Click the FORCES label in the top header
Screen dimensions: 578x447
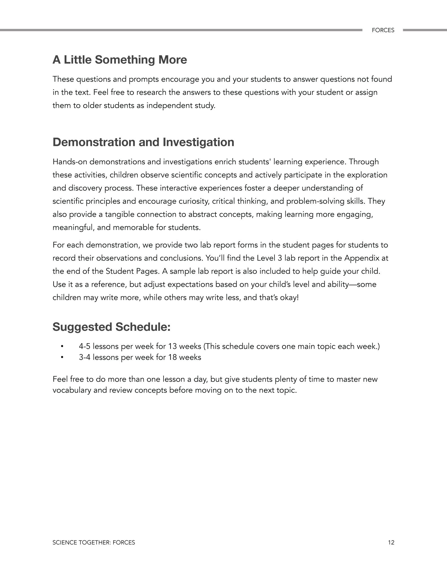click(383, 30)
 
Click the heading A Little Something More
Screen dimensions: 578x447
click(120, 60)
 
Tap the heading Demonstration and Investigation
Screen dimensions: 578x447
click(143, 142)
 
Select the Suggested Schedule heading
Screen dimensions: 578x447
click(112, 327)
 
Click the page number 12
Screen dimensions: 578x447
click(391, 542)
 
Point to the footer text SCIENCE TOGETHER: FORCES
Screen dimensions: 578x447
click(94, 542)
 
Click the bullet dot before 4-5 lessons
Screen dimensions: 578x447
click(62, 346)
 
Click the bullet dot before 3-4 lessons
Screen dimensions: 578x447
click(62, 357)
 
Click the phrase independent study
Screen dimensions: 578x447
click(181, 106)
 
